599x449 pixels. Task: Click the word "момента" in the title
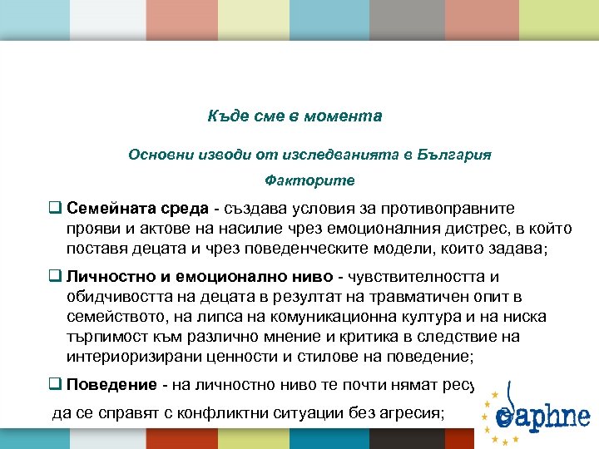click(349, 116)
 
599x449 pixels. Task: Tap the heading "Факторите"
click(309, 180)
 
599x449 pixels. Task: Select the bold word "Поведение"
click(111, 384)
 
